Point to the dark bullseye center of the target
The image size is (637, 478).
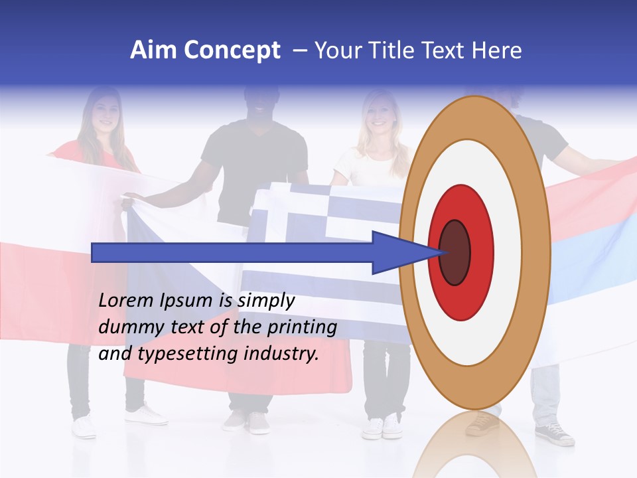pos(454,252)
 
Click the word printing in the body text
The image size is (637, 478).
pos(302,327)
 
